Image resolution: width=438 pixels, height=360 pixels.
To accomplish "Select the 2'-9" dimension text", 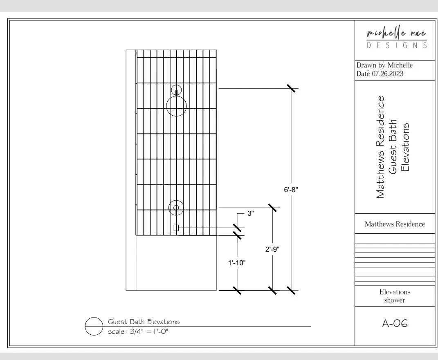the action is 272,249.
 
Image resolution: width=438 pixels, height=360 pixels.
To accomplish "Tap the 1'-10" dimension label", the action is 236,263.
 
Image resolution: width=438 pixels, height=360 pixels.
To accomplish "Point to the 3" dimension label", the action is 251,213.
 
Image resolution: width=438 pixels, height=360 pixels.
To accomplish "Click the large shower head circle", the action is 176,107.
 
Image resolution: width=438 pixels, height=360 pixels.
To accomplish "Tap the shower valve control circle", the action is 176,208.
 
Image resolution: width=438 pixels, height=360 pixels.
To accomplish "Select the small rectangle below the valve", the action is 176,228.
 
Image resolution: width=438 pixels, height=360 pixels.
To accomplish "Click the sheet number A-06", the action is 395,324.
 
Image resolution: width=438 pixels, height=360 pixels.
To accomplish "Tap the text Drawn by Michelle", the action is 384,65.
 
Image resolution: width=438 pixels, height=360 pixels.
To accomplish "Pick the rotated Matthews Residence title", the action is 381,147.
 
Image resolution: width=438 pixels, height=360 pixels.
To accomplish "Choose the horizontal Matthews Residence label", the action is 395,224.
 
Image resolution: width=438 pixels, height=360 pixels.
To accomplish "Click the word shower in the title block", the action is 395,300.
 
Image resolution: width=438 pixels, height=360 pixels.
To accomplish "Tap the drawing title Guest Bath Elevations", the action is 144,322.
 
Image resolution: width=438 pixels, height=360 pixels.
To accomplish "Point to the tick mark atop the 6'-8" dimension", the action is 291,88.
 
